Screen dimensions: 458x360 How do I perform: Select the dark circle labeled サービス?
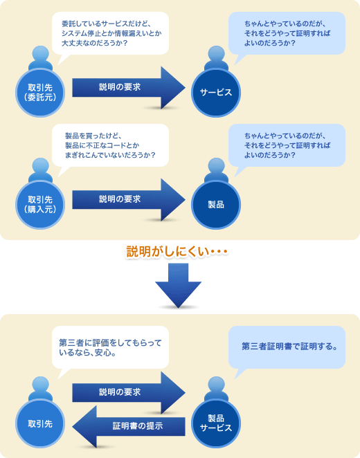pyautogui.click(x=215, y=92)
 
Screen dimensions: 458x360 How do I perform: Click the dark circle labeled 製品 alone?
pyautogui.click(x=215, y=204)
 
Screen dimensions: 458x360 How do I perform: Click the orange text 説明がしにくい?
pyautogui.click(x=177, y=250)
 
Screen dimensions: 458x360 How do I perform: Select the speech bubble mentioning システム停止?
pyautogui.click(x=111, y=33)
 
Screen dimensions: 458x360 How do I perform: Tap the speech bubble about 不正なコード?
pyautogui.click(x=111, y=144)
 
